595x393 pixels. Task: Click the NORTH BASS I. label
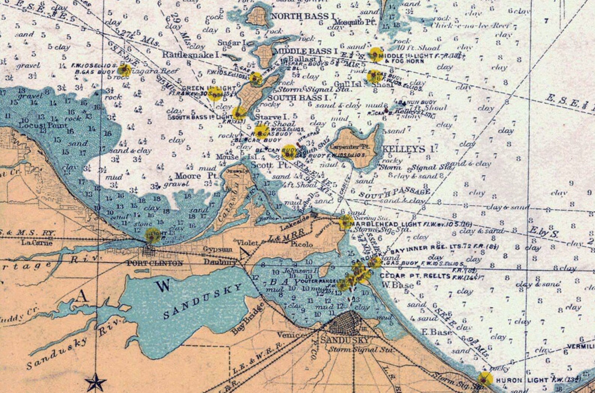(x=303, y=16)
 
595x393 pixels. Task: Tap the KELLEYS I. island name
(x=410, y=149)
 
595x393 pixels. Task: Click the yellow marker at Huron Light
(x=485, y=379)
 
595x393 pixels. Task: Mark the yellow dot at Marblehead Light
(x=344, y=223)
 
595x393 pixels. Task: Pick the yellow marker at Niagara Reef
(x=124, y=69)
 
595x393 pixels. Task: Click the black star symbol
(x=96, y=382)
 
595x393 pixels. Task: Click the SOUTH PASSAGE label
(x=394, y=193)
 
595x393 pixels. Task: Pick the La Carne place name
(x=36, y=243)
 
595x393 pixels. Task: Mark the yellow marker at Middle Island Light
(x=375, y=55)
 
